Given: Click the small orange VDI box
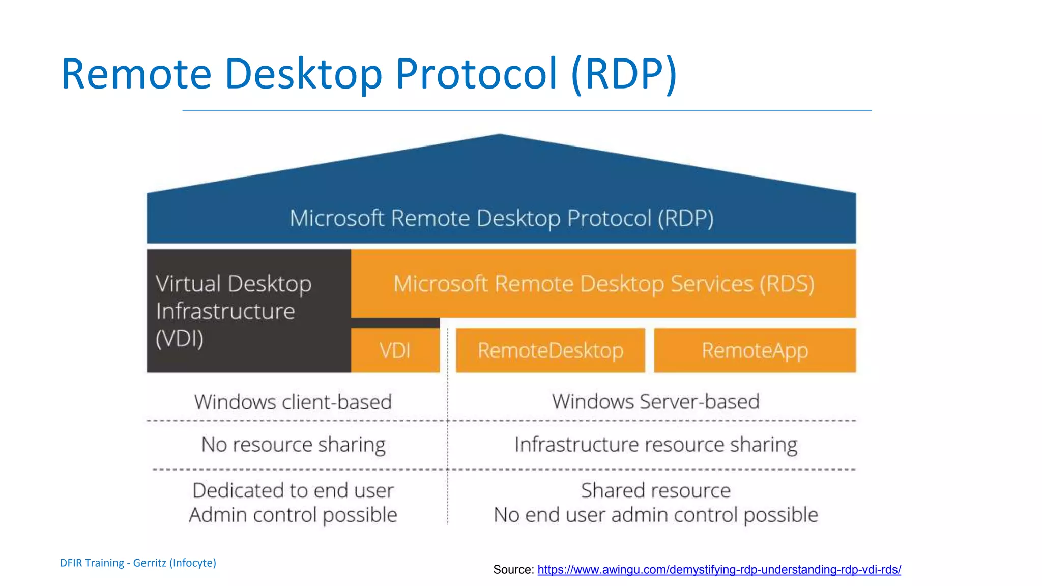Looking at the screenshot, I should [395, 350].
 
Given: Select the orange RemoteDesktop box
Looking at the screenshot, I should [550, 350].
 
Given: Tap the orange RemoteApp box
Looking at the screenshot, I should [755, 350].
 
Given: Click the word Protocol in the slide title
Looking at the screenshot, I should [476, 74].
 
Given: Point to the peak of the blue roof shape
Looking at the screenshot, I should [500, 135].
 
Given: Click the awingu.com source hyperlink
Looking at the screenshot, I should [718, 570].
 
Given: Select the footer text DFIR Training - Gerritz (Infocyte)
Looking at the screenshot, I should [138, 563].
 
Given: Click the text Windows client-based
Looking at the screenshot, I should [293, 402].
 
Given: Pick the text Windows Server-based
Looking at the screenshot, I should [655, 402].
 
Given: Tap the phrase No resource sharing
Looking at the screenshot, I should [293, 445].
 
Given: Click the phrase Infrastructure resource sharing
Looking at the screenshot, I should [655, 445].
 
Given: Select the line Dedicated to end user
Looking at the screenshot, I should [293, 491].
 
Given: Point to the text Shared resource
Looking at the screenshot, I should [655, 491].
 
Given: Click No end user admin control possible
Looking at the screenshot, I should [655, 515].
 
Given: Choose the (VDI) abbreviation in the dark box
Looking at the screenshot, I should [180, 339].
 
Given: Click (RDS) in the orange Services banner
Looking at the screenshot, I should [787, 284].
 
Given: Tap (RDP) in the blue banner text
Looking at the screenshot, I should [685, 218].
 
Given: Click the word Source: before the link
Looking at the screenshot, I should [513, 570].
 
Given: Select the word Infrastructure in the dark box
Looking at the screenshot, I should [225, 311].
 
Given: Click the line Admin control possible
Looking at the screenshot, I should [293, 515].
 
